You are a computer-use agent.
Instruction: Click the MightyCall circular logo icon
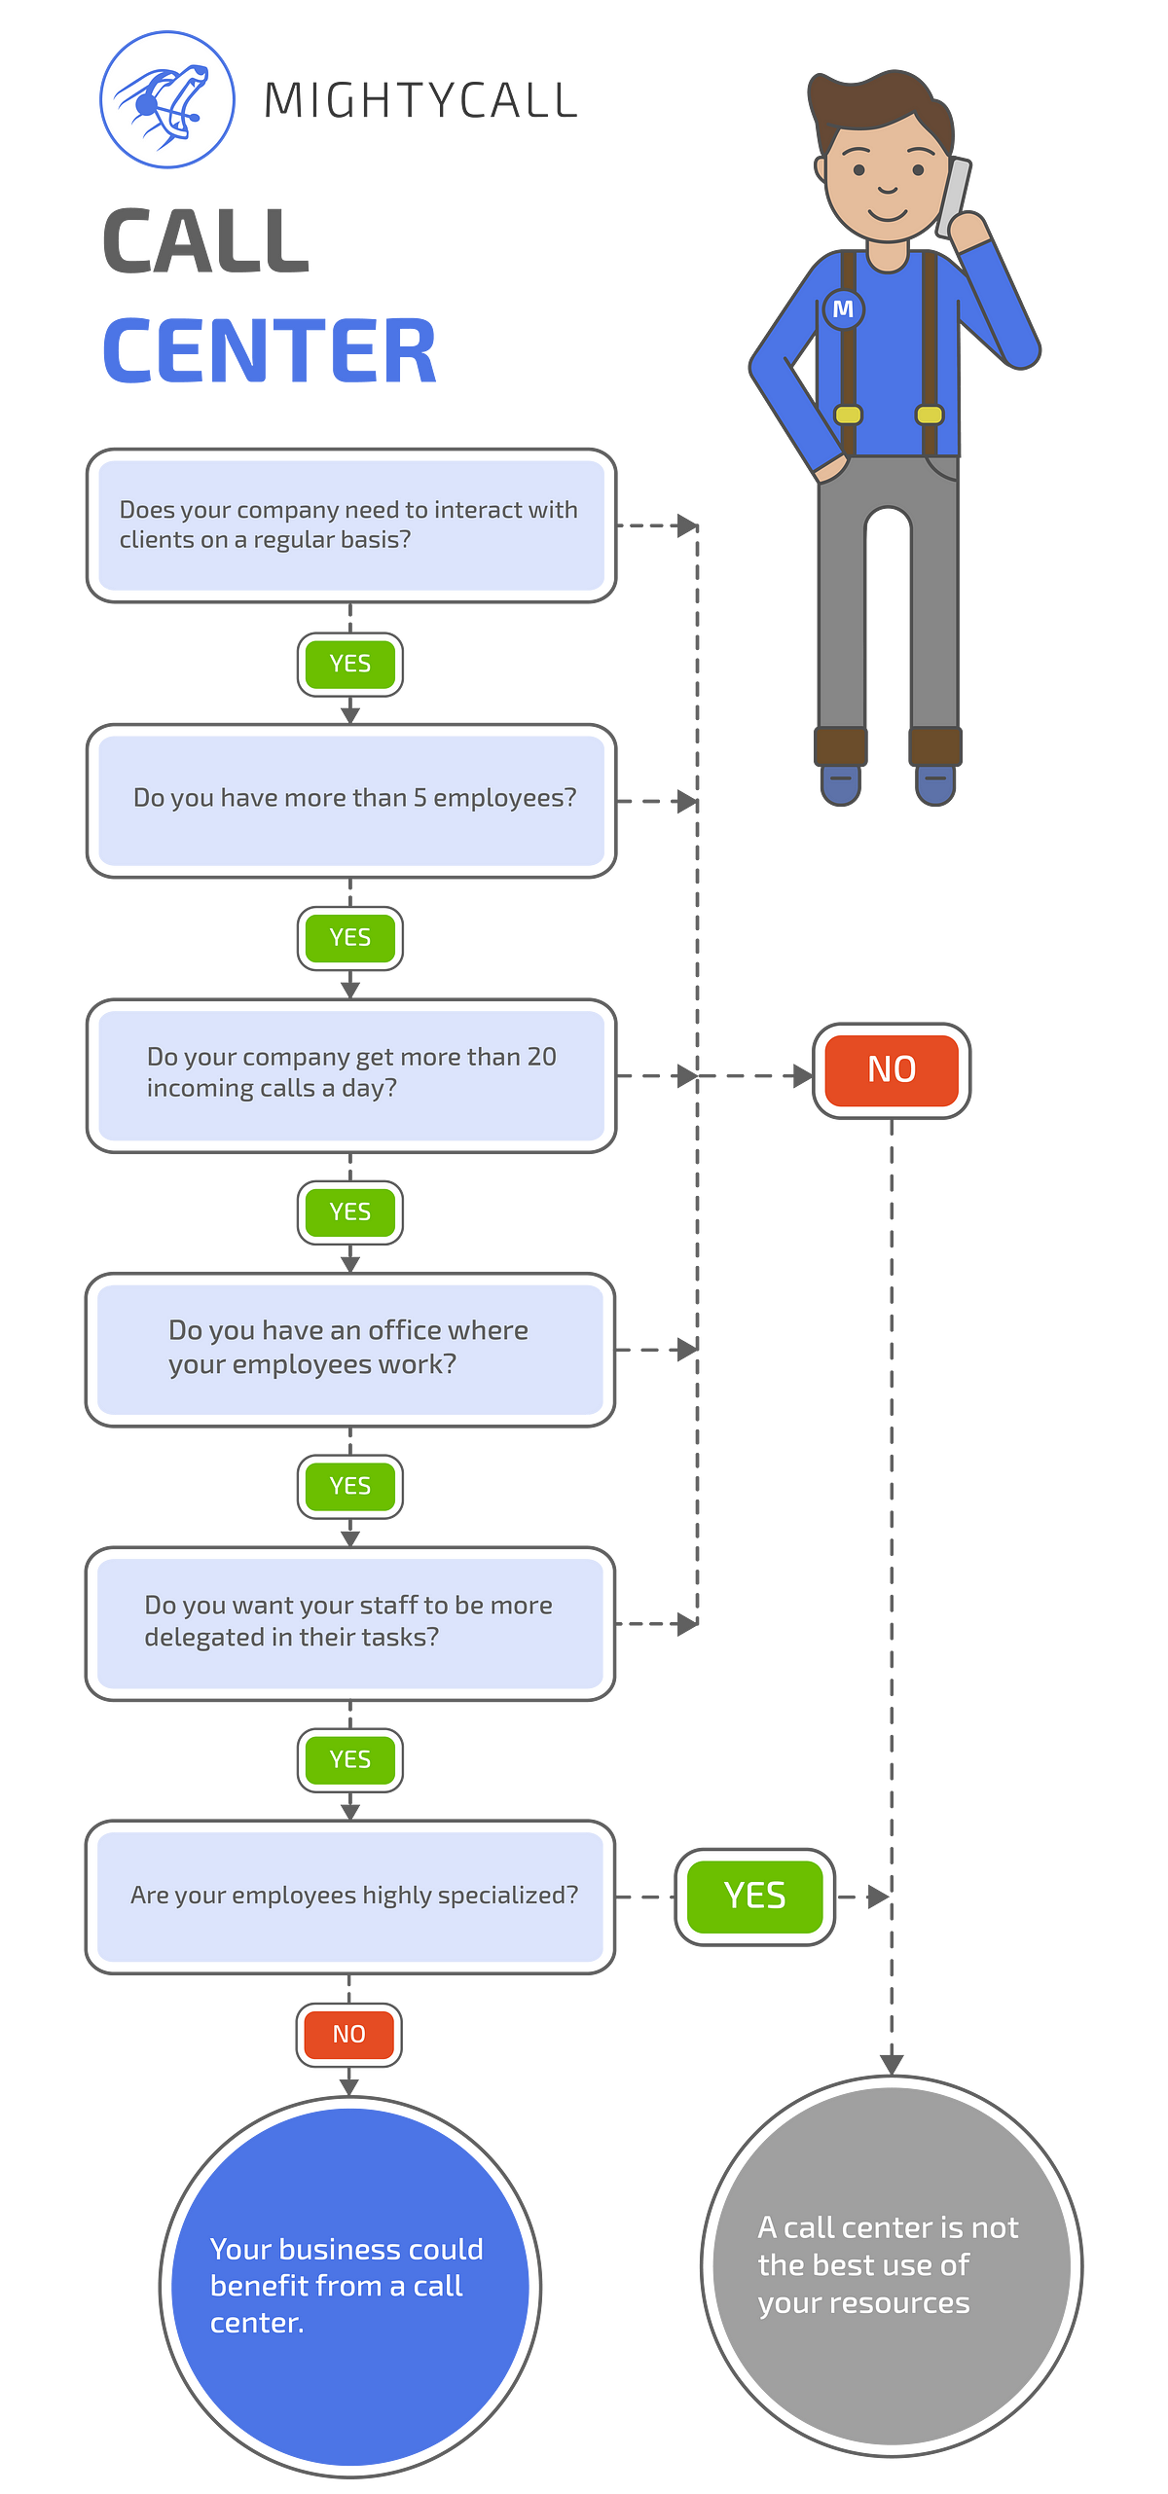[x=167, y=99]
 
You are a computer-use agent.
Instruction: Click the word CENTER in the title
[x=270, y=350]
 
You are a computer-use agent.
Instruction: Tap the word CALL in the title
[x=206, y=240]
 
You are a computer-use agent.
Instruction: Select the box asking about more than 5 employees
[x=350, y=801]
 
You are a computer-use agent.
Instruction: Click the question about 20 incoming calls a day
[x=350, y=1074]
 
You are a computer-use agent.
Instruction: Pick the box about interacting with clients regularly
[x=350, y=525]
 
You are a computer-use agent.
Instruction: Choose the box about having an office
[x=350, y=1349]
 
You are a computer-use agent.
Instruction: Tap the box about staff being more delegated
[x=350, y=1623]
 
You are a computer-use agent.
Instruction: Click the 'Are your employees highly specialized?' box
[x=350, y=1897]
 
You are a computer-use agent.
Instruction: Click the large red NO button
[x=891, y=1070]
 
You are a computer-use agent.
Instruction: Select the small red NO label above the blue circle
[x=349, y=2034]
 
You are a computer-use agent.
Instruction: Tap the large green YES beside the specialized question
[x=754, y=1896]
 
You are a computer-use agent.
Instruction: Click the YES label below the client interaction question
[x=349, y=664]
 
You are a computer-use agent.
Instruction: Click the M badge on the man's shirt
[x=843, y=309]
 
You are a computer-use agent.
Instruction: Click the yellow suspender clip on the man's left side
[x=930, y=415]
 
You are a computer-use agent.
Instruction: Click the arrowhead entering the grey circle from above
[x=892, y=2060]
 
